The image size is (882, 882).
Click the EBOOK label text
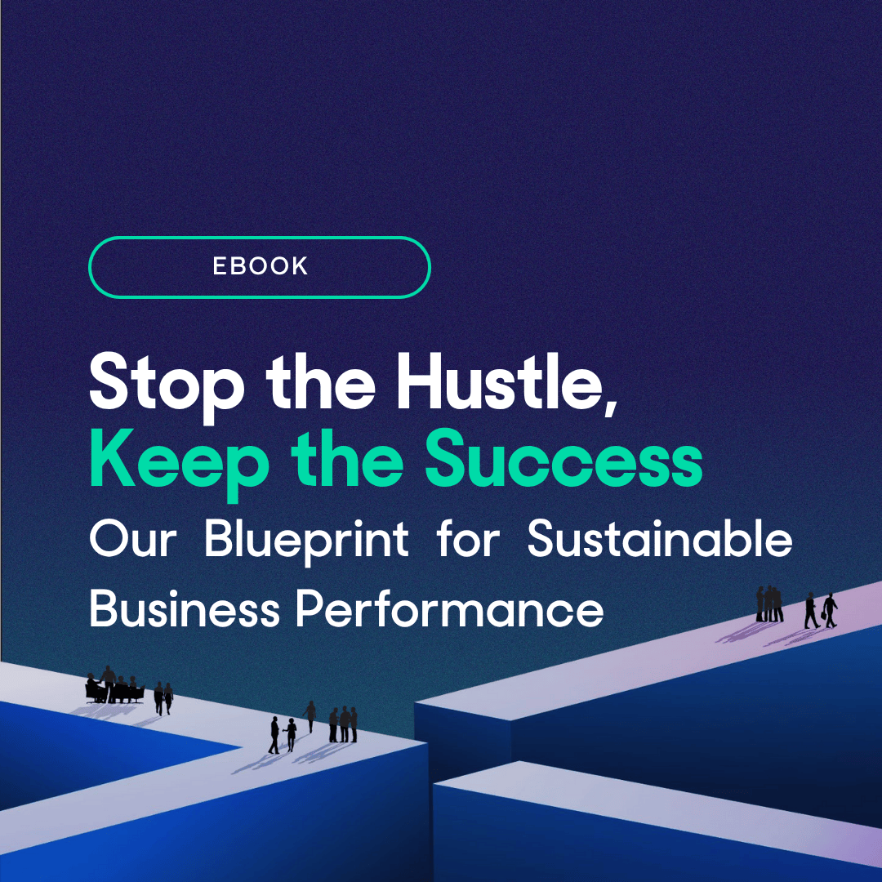(260, 266)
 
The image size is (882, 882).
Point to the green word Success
(563, 459)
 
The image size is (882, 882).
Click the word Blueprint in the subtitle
(306, 540)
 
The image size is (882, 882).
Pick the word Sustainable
(660, 538)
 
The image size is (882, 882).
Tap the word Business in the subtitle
(185, 608)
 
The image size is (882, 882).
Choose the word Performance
(450, 608)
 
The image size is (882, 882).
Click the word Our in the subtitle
(133, 540)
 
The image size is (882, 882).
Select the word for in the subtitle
(468, 538)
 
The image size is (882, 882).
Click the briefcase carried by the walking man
(823, 615)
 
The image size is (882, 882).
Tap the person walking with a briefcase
(831, 610)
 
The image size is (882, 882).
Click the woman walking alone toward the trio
(310, 716)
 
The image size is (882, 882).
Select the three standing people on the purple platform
(769, 604)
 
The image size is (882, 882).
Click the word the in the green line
(347, 459)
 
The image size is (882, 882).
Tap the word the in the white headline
(320, 381)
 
